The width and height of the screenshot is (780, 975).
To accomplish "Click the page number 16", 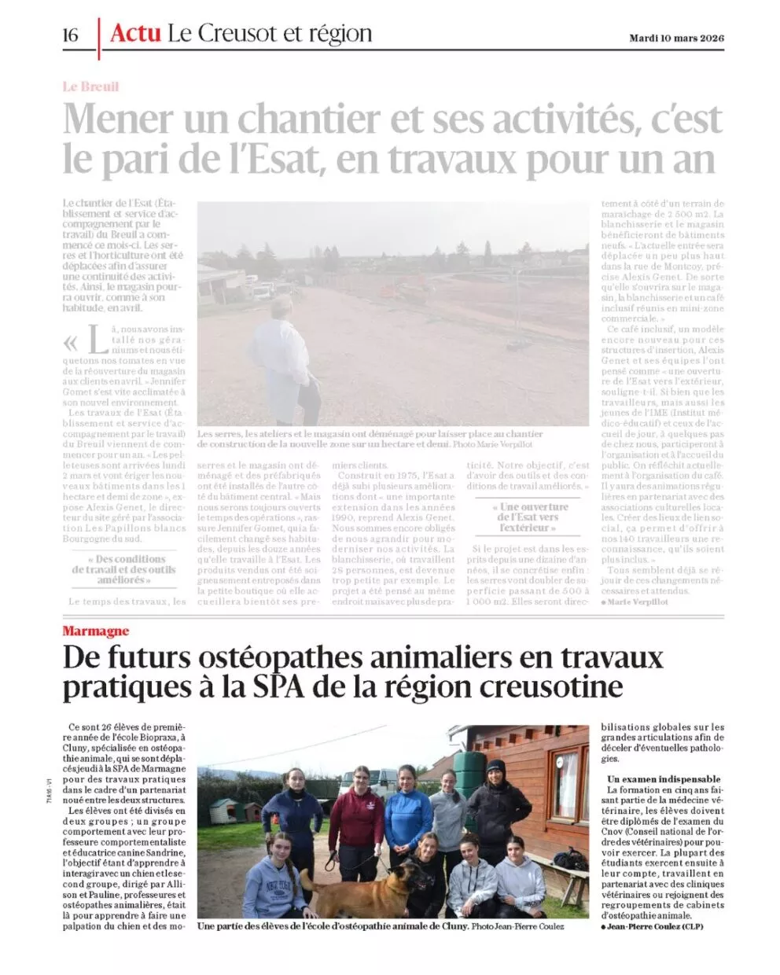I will (x=71, y=35).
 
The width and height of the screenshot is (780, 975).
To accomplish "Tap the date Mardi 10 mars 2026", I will (x=676, y=38).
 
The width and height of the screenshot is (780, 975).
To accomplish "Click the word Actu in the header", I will (x=135, y=33).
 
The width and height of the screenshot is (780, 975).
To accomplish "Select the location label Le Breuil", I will (x=90, y=86).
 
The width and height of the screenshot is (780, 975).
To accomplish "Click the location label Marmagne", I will (x=95, y=631).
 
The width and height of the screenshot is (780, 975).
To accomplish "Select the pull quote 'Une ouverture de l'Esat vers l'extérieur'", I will (x=527, y=517).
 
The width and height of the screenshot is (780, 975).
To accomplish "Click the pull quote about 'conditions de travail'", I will (x=125, y=569).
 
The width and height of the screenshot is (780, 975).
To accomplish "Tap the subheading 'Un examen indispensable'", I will (x=664, y=779).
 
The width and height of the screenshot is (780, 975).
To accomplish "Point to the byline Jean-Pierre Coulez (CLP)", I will (x=653, y=926).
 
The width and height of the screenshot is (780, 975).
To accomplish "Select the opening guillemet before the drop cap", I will (x=71, y=343).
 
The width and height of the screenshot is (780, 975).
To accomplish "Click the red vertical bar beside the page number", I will (x=99, y=38).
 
